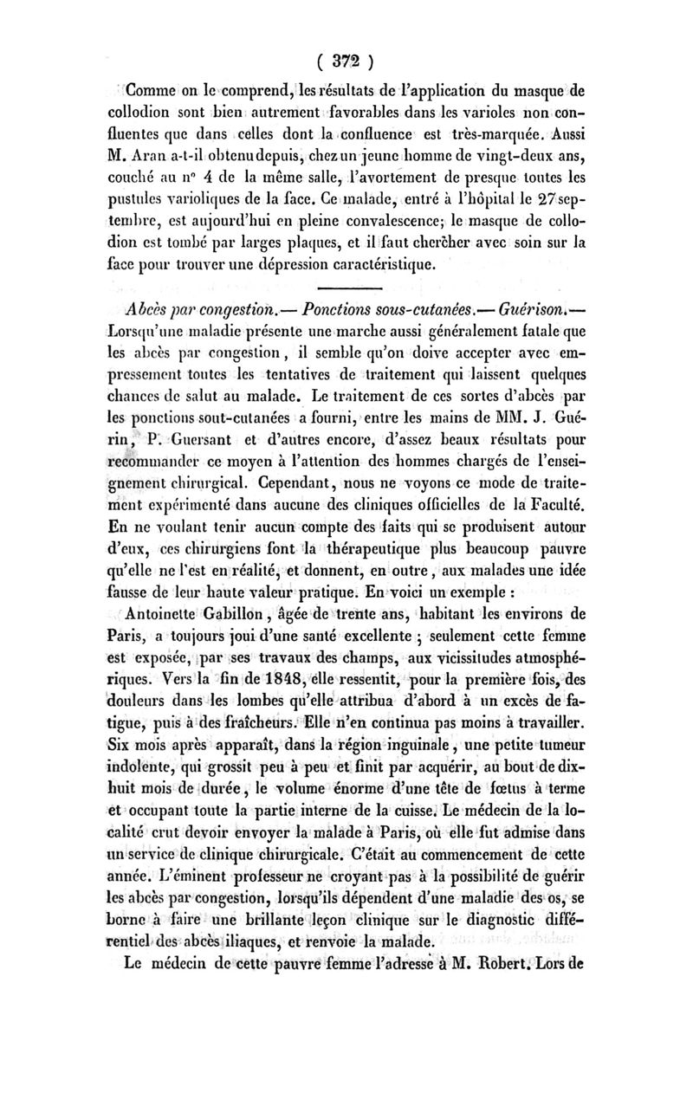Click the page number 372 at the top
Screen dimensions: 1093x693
[x=345, y=61]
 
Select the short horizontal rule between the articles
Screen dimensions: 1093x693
[x=345, y=287]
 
